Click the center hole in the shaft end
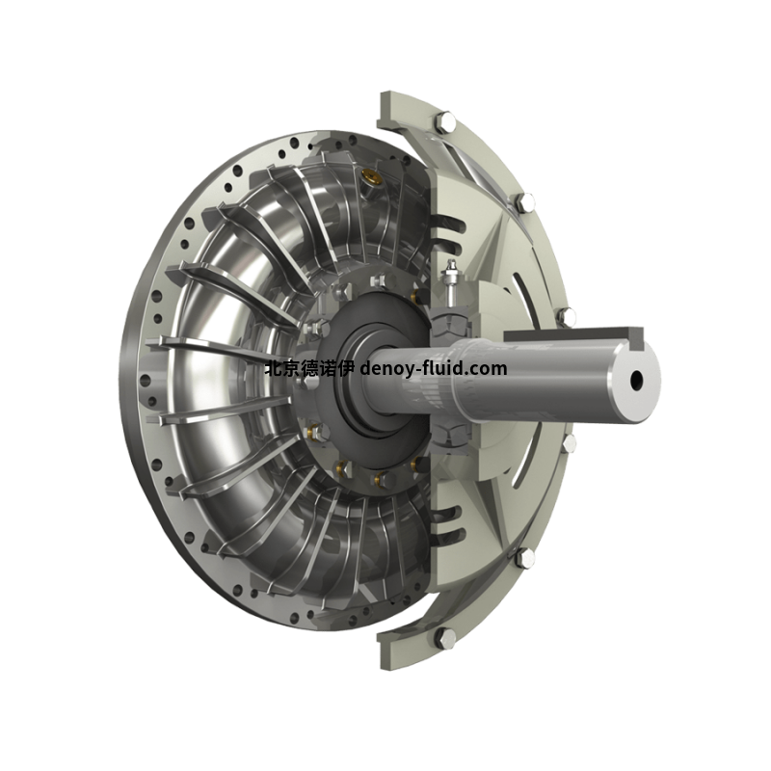coord(637,379)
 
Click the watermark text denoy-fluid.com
coord(433,368)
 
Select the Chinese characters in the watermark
coord(309,368)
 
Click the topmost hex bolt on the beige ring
coord(445,121)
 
